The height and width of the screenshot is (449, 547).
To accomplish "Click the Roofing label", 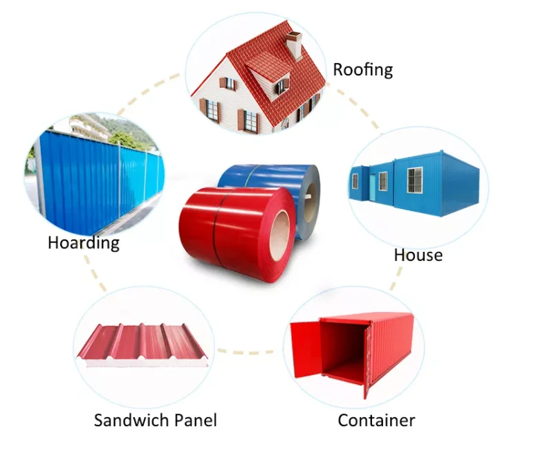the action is coord(362,69).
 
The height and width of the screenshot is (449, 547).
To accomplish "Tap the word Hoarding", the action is coord(84,243).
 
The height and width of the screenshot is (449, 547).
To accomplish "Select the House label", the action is coord(418,255).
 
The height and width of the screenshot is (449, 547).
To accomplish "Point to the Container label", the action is coord(376,420).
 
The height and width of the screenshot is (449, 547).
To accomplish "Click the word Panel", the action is coord(195,420).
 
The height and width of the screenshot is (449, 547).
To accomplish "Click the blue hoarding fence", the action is coord(97,180).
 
